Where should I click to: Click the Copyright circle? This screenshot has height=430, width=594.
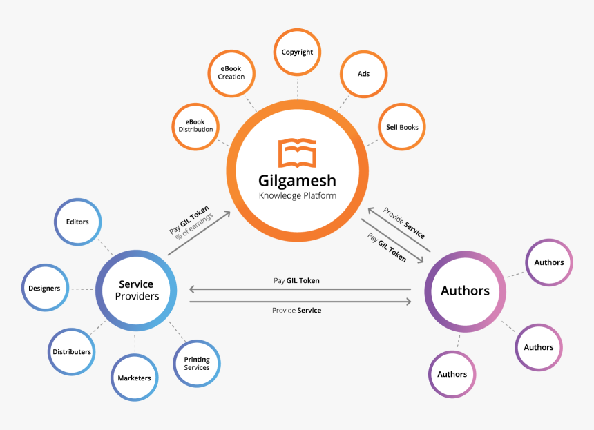tap(298, 52)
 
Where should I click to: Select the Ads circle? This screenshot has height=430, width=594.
tap(363, 73)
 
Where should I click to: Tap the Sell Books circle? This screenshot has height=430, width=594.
tap(401, 127)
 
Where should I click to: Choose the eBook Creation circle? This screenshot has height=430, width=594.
tap(231, 72)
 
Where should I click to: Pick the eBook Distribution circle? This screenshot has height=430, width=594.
tap(195, 126)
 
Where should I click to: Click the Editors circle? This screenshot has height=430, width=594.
tap(77, 222)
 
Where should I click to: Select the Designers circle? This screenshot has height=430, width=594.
tap(45, 288)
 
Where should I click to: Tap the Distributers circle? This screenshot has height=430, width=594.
tap(72, 351)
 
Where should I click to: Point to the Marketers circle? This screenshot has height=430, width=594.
tap(134, 378)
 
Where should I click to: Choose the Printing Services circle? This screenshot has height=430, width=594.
tap(197, 363)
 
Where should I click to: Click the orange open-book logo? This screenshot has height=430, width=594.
tap(297, 153)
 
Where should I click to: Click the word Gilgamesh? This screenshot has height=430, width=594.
tap(297, 181)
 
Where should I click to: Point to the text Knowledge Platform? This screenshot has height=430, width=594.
tap(297, 196)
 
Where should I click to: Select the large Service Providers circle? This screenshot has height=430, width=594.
tap(135, 289)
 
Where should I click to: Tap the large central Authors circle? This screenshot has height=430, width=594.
tap(465, 291)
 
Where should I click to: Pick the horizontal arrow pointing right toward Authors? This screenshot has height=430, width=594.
tap(300, 302)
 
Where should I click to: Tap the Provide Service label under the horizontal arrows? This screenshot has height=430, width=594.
tap(296, 311)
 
